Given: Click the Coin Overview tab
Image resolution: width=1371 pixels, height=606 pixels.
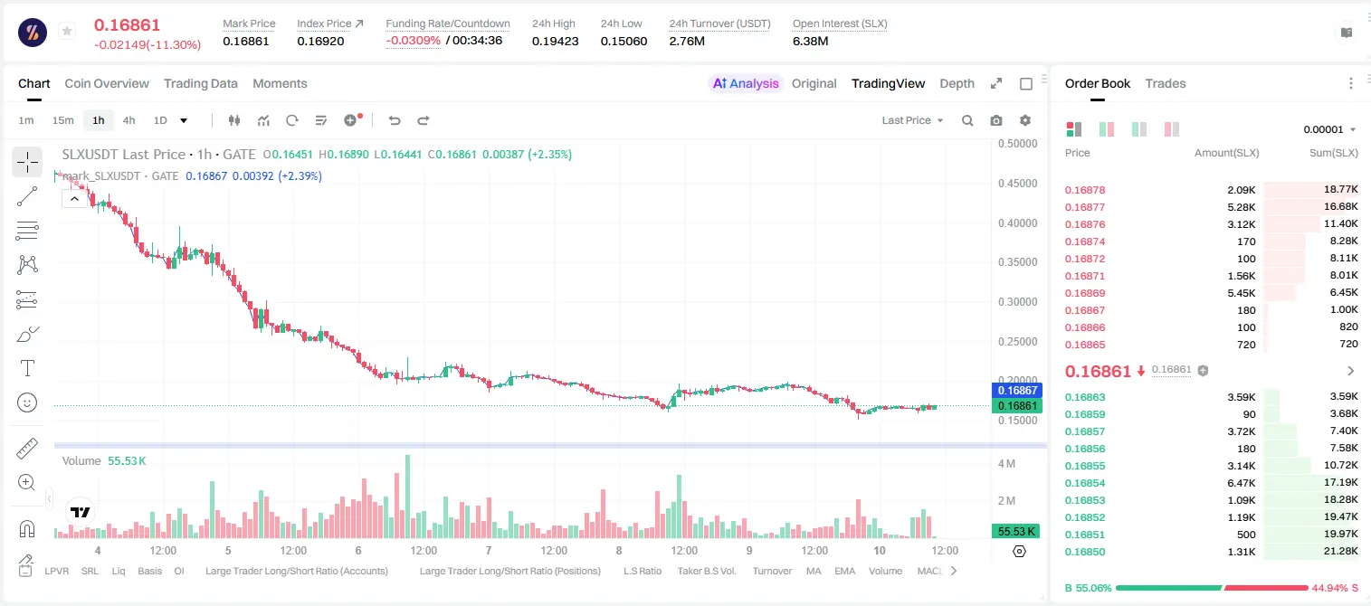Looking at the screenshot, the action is pyautogui.click(x=107, y=83).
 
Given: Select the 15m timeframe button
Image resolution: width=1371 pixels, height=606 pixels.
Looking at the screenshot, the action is pyautogui.click(x=63, y=120).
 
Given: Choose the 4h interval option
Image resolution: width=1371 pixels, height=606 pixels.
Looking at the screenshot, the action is pyautogui.click(x=129, y=120).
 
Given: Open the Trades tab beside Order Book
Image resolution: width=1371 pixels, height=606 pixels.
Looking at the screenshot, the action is pyautogui.click(x=1166, y=83).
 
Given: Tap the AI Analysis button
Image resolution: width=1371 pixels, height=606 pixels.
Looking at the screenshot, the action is pyautogui.click(x=746, y=83).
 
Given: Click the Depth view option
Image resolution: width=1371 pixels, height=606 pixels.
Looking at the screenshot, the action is pyautogui.click(x=957, y=83).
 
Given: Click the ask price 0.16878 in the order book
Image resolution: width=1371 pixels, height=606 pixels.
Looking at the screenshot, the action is pyautogui.click(x=1084, y=190).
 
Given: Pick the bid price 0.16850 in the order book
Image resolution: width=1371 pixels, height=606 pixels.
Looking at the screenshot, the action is pyautogui.click(x=1084, y=552).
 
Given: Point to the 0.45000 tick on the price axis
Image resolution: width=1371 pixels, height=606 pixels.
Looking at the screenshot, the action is pyautogui.click(x=1017, y=184).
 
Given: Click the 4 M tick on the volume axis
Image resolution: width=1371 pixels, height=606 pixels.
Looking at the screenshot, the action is pyautogui.click(x=1007, y=463).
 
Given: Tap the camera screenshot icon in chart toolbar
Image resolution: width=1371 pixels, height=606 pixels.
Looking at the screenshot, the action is pyautogui.click(x=996, y=120).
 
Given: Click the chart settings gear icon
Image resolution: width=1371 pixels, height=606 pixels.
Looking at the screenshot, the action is pyautogui.click(x=1025, y=120).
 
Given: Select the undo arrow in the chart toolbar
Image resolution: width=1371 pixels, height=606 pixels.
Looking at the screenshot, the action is pyautogui.click(x=395, y=120).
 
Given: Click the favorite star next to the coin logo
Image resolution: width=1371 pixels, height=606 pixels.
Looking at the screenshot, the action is pyautogui.click(x=67, y=31).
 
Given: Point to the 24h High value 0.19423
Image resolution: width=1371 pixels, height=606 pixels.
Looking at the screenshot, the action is pyautogui.click(x=555, y=41).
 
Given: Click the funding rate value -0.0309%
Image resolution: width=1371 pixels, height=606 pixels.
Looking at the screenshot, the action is pyautogui.click(x=414, y=41).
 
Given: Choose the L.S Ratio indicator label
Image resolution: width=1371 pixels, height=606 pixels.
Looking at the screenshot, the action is pyautogui.click(x=642, y=571).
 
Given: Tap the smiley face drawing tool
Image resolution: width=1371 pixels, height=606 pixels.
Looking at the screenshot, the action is pyautogui.click(x=27, y=402).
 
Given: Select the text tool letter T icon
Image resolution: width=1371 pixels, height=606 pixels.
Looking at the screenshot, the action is pyautogui.click(x=27, y=368).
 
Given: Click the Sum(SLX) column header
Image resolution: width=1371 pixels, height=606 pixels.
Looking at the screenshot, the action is pyautogui.click(x=1334, y=153).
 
